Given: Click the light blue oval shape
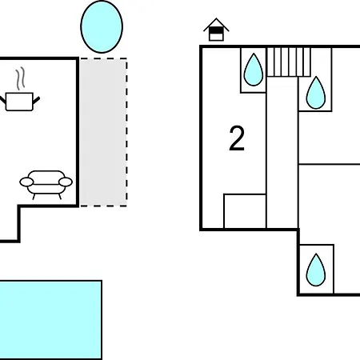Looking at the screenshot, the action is tap(102, 26).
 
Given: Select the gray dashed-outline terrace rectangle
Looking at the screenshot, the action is tap(103, 132).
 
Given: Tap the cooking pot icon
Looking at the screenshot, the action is tap(19, 102).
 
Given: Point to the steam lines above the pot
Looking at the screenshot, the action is tap(20, 78).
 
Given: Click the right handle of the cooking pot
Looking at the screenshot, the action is tap(36, 100).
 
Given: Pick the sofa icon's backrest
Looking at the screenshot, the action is tap(46, 177).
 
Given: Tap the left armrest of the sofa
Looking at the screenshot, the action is tap(26, 182).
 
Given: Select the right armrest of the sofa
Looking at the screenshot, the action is tap(66, 182).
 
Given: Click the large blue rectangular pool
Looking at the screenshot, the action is tap(50, 320).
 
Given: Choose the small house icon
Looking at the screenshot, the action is tap(216, 30).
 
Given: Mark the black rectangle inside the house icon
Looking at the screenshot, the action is tap(216, 30).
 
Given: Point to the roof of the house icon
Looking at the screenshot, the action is tap(216, 25).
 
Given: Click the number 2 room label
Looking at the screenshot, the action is tap(237, 138).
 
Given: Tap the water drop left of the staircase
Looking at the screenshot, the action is tap(254, 70).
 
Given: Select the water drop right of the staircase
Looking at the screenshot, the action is tap(316, 93).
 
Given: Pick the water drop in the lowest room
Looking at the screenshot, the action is tap(316, 270).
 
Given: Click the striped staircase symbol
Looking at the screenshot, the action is tap(289, 62).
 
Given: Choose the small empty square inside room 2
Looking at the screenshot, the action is tap(245, 211).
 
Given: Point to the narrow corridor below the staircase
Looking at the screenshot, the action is tap(282, 153).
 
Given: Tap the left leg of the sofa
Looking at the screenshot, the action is tap(34, 197).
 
